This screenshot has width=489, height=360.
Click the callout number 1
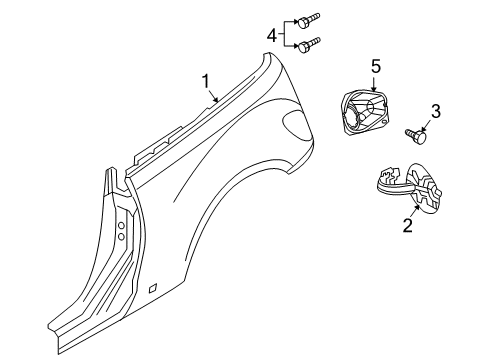(207, 80)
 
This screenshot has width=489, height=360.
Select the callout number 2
(407, 226)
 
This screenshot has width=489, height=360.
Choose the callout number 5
(376, 67)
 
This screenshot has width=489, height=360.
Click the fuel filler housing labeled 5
(365, 110)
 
